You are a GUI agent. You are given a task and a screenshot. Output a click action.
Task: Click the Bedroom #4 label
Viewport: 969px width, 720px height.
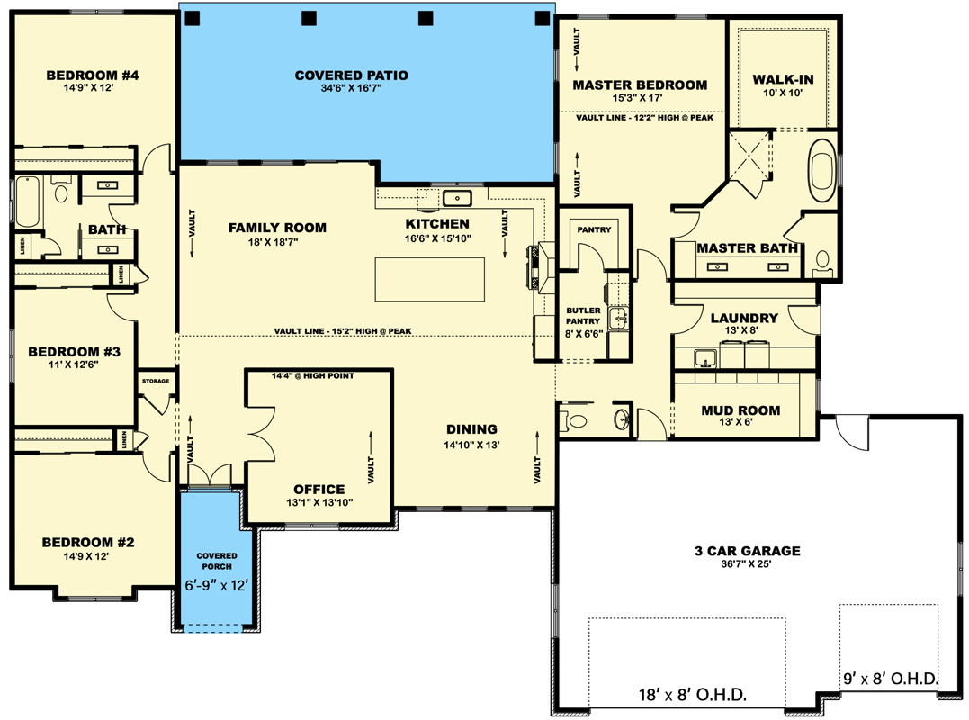click(x=93, y=76)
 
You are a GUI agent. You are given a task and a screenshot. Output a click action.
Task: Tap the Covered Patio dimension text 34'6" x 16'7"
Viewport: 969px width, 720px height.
click(x=351, y=88)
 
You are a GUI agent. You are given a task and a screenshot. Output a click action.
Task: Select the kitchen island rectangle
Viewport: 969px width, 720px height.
click(x=429, y=279)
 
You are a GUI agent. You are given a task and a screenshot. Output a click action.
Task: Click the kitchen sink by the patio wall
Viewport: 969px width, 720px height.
click(x=457, y=198)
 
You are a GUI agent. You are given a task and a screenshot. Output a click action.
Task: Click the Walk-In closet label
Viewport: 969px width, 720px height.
click(x=783, y=80)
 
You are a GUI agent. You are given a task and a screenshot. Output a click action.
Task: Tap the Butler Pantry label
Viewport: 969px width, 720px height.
click(x=583, y=316)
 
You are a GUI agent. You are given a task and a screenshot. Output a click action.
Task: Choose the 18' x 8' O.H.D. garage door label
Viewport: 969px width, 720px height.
click(x=692, y=695)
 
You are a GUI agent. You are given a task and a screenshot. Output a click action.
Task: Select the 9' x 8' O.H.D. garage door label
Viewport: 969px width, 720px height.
click(x=891, y=679)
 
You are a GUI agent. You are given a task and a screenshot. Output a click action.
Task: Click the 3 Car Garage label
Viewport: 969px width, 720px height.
click(x=747, y=551)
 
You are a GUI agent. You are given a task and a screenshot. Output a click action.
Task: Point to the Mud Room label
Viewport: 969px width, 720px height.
click(x=740, y=410)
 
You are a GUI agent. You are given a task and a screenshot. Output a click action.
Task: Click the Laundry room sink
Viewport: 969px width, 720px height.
click(x=705, y=358)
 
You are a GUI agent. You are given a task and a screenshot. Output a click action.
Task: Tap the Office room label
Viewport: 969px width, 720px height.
click(x=319, y=490)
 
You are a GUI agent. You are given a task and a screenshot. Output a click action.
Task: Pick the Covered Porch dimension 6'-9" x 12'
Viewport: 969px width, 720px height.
click(x=216, y=585)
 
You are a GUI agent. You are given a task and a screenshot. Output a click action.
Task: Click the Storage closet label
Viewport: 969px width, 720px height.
click(x=156, y=381)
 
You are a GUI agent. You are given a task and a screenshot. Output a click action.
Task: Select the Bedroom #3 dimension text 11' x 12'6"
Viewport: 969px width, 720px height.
click(x=74, y=364)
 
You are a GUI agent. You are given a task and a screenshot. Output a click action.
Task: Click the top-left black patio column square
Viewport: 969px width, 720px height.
click(x=193, y=18)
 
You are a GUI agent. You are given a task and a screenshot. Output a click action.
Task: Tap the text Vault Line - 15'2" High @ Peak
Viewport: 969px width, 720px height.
click(x=343, y=331)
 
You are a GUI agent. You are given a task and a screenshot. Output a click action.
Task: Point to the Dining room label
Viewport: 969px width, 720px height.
click(x=471, y=429)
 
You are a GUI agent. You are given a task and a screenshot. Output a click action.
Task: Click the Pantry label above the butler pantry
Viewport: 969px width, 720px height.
click(x=594, y=229)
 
